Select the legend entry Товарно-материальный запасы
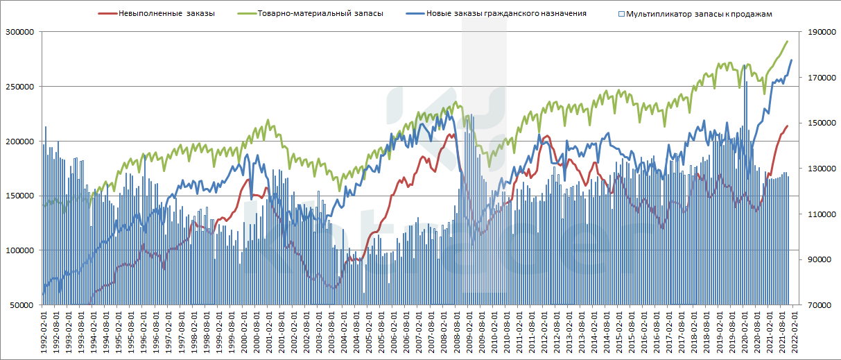click(x=320, y=13)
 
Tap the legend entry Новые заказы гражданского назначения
click(x=505, y=13)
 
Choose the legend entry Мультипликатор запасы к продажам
click(x=698, y=13)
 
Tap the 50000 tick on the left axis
click(x=21, y=305)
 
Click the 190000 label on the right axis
click(x=819, y=33)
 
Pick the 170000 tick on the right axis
click(x=819, y=78)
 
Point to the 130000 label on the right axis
click(x=819, y=169)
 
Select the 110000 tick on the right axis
click(x=819, y=214)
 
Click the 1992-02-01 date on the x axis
click(x=44, y=332)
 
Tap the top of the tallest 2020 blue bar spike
click(x=745, y=65)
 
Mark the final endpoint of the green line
click(x=788, y=42)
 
